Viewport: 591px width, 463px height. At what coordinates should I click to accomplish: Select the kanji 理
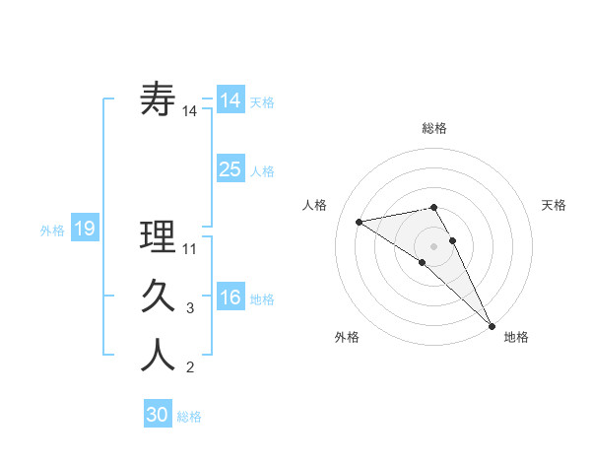point(159,236)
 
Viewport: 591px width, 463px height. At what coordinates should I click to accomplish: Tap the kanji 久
point(159,297)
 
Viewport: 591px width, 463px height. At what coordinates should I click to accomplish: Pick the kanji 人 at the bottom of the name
point(159,356)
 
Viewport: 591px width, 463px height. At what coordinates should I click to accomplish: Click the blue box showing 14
point(230,99)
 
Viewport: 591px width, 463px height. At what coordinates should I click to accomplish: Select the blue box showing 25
point(230,168)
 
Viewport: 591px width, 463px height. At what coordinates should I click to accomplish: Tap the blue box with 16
point(230,297)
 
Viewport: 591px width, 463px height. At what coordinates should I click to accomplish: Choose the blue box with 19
point(85,229)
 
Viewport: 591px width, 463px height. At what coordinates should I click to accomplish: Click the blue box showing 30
point(158,415)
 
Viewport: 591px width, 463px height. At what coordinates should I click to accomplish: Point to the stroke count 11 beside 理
point(190,248)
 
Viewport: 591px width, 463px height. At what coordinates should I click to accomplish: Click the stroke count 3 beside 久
point(190,308)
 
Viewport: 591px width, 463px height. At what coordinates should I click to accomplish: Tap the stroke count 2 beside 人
point(190,368)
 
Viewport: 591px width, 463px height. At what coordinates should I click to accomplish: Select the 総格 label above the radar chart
point(433,128)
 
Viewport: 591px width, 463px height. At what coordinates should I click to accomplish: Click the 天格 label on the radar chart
point(554,205)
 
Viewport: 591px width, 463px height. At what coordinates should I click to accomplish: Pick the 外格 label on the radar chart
point(347,337)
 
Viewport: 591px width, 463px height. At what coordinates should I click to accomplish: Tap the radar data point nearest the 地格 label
point(492,324)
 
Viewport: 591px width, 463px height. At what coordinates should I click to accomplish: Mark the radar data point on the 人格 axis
point(360,221)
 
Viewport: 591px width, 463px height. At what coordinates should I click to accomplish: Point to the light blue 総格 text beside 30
point(189,417)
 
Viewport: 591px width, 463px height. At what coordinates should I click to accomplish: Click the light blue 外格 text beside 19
point(52,231)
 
